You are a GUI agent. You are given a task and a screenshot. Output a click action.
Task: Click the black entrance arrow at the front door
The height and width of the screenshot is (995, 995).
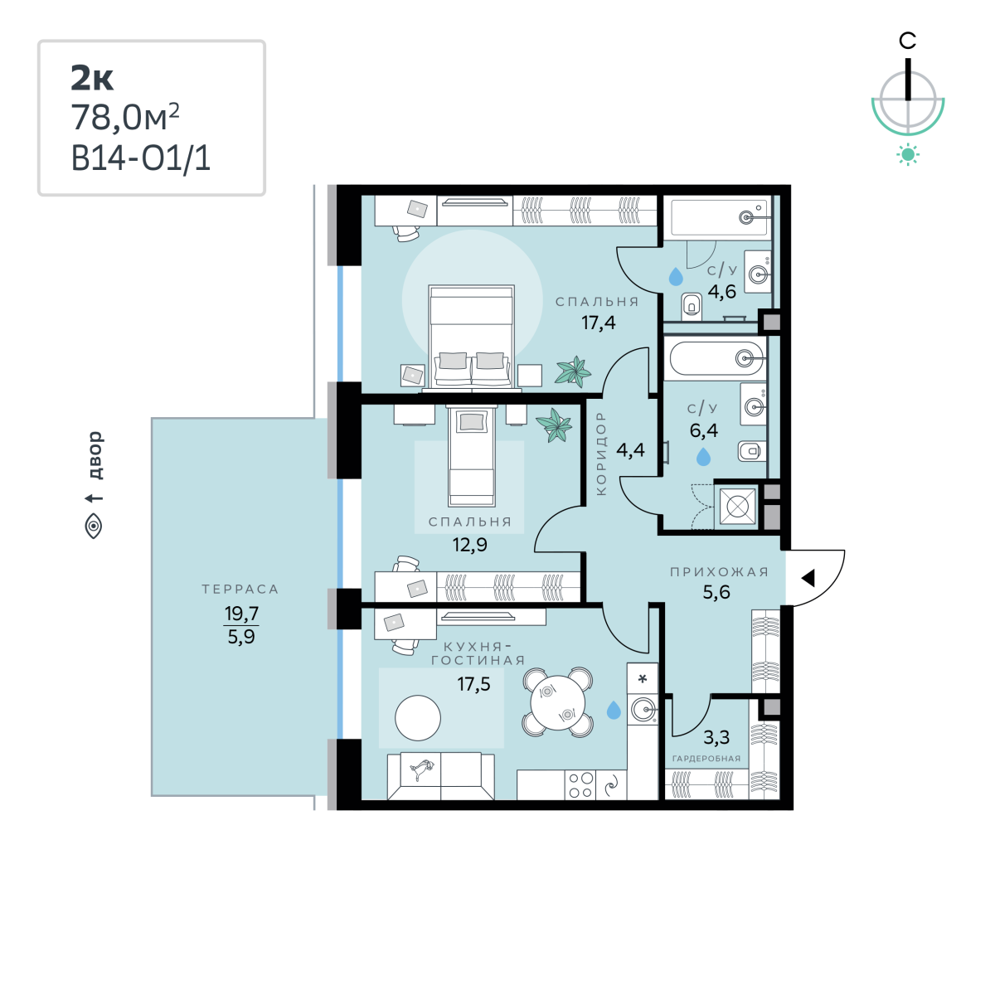pos(808,578)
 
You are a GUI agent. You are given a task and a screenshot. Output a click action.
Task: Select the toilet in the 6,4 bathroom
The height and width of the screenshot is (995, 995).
pos(752,451)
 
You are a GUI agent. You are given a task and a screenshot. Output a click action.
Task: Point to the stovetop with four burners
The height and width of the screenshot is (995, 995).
pos(580,785)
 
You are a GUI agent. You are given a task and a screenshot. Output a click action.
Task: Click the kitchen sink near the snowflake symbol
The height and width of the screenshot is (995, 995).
pos(643,710)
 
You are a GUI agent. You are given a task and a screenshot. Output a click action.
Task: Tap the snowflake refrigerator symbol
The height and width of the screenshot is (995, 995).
pos(643,679)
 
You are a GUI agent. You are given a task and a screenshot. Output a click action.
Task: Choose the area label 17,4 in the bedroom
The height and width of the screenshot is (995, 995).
pos(599,323)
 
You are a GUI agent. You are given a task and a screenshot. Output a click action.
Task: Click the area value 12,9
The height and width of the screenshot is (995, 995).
pos(470,545)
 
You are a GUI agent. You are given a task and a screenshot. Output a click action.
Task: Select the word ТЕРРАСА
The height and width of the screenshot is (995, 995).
pos(240,590)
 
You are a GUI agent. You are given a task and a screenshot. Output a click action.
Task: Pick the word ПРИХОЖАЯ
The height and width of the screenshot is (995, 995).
pos(719,571)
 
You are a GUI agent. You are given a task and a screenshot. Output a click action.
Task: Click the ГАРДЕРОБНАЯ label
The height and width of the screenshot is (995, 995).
pos(706,759)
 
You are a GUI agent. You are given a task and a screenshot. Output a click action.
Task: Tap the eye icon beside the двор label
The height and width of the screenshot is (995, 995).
pos(94,527)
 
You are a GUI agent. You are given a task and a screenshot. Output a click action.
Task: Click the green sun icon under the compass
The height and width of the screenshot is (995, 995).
pos(908,155)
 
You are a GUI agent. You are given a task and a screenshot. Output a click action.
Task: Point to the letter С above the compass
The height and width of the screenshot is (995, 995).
pos(907,41)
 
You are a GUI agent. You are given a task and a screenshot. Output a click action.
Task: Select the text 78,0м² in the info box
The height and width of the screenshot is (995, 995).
pos(125,118)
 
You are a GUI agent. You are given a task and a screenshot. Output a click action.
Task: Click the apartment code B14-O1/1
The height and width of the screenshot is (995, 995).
pos(140,158)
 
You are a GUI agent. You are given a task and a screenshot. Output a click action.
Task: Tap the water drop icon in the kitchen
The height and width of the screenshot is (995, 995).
pos(614,710)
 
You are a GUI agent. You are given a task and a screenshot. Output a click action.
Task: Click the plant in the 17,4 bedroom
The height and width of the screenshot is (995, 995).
pos(573,371)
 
